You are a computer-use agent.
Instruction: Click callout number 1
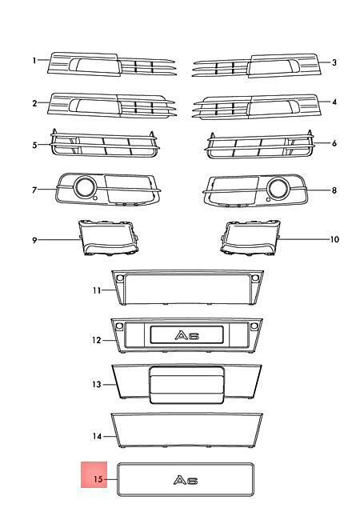(x=34, y=61)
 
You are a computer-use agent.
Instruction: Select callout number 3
(x=334, y=62)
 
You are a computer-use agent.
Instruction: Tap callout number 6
(x=334, y=143)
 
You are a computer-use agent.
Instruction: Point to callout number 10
(x=334, y=239)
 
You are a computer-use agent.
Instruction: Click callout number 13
(x=97, y=384)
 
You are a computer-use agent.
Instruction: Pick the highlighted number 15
(x=98, y=479)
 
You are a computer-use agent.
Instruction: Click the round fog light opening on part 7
(x=85, y=186)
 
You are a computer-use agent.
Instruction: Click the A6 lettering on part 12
(x=187, y=335)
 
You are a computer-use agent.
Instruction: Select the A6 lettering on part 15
(x=186, y=480)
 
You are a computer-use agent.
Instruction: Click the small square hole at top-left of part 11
(x=120, y=278)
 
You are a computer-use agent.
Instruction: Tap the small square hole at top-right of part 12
(x=254, y=326)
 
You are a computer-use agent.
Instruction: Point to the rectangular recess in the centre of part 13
(x=187, y=385)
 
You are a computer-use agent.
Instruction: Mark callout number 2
(x=34, y=103)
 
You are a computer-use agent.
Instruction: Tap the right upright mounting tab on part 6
(x=310, y=134)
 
